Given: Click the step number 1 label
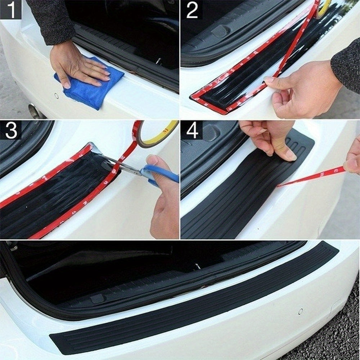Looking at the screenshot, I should click(x=11, y=10).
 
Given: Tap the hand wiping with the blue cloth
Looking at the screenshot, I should click(x=77, y=67).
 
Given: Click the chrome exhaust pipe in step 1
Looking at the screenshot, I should click(x=36, y=111).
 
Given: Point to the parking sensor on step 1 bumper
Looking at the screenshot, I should click(x=56, y=96).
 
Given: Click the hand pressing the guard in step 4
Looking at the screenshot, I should click(x=274, y=139).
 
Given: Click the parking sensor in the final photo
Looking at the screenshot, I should click(x=300, y=311).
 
